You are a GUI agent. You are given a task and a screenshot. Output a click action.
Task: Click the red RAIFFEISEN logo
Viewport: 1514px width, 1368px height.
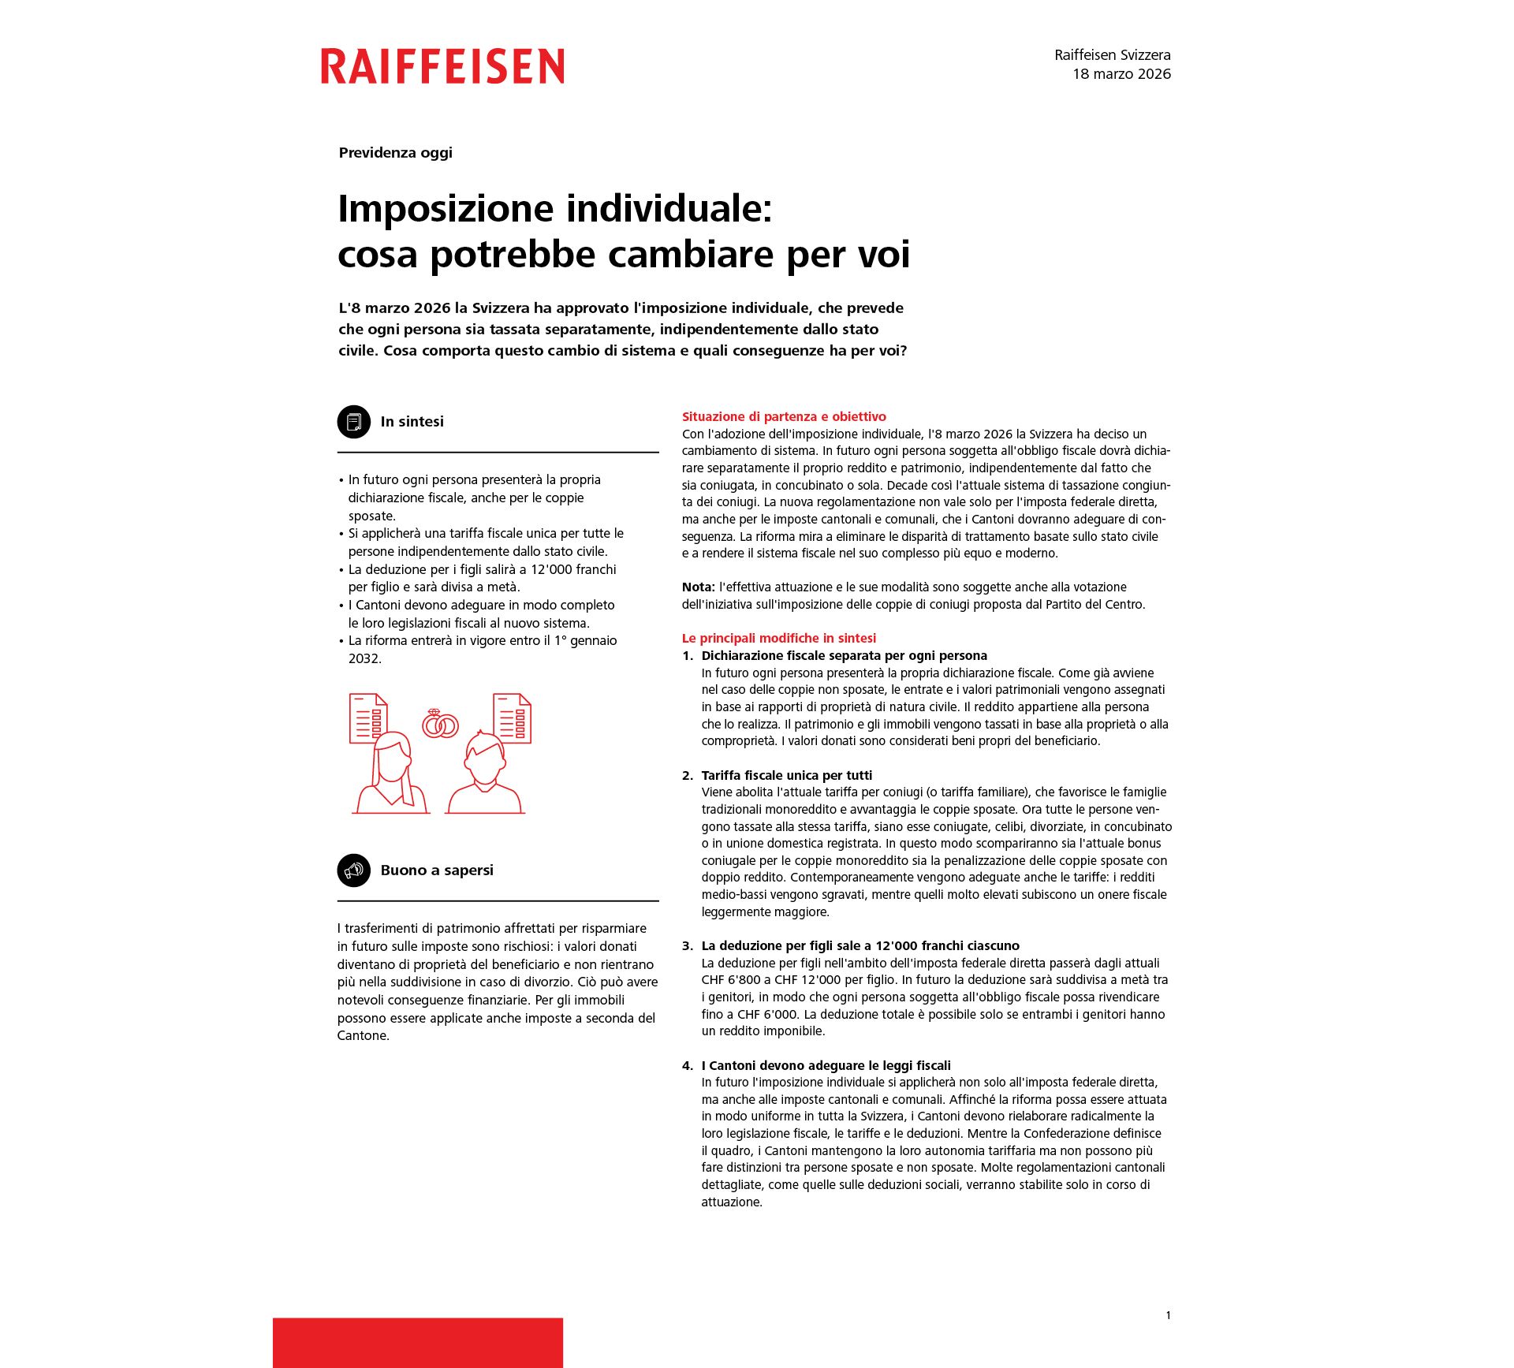click(442, 66)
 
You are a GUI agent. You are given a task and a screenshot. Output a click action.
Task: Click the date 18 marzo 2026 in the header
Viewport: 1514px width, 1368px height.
click(1121, 74)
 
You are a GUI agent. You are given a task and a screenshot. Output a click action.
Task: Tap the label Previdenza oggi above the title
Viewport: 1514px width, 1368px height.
click(395, 153)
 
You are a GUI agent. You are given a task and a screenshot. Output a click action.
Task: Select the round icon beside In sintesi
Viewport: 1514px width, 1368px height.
click(354, 422)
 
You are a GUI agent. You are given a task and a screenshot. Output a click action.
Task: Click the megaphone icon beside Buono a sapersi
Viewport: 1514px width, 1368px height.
click(354, 870)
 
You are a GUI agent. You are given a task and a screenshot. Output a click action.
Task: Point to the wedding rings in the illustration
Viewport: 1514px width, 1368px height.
click(440, 724)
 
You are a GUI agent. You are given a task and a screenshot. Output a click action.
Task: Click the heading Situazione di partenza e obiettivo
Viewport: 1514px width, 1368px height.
click(784, 416)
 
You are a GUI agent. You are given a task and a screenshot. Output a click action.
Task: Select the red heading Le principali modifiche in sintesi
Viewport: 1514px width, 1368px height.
click(778, 638)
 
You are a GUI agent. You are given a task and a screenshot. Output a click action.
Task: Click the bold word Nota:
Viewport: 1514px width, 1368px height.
click(698, 587)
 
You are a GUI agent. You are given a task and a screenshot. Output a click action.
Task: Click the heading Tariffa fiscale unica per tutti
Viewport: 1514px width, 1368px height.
click(786, 775)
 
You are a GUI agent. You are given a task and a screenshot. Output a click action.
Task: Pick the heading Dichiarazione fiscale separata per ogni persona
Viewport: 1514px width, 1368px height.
click(844, 655)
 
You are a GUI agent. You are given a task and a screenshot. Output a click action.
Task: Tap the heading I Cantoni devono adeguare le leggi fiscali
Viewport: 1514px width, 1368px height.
click(826, 1065)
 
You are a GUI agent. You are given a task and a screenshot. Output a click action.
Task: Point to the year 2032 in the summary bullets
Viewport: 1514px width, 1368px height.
click(364, 658)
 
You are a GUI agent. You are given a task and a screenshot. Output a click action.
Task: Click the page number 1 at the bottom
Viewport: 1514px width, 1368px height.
click(1168, 1315)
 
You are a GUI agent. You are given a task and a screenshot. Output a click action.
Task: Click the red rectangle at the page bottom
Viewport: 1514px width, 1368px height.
click(418, 1342)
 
